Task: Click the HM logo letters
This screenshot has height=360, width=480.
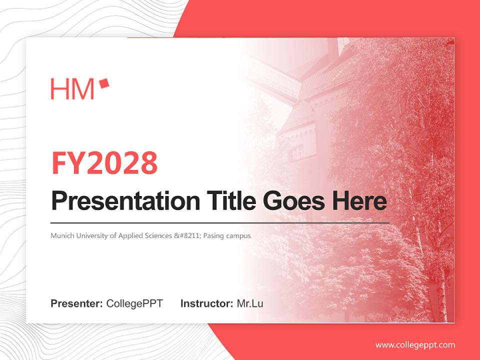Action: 72,89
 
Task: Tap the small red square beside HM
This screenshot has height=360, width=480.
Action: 104,83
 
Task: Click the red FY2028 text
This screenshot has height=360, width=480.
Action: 104,163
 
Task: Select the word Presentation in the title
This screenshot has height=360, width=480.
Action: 125,201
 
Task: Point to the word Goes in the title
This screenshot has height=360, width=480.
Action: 291,201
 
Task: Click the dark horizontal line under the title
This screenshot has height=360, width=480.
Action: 220,222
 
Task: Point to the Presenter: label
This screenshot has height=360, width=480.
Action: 77,303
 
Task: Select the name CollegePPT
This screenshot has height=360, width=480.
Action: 134,303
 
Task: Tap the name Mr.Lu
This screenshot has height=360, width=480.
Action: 250,303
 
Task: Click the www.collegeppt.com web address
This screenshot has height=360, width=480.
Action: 415,345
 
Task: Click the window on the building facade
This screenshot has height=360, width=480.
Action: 296,152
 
